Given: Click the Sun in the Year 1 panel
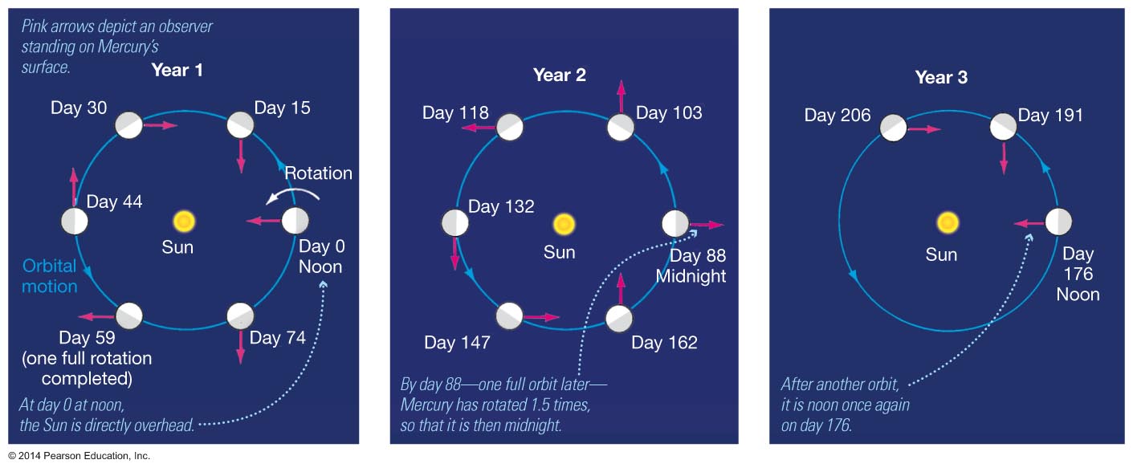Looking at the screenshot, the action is coord(184,222).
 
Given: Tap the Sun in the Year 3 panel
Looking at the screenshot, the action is coord(948,222).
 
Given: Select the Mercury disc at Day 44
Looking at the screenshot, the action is coord(75,221).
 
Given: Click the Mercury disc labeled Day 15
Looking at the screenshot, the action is coord(240,125).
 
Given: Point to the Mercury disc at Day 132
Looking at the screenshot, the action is coord(454,223).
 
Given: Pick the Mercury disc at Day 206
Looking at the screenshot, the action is coord(893,128).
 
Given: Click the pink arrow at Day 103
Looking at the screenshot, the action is coord(622,96).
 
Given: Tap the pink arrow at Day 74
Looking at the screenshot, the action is coord(241,347).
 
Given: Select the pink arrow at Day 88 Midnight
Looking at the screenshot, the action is coord(707,224).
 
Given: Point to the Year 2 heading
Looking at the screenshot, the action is coord(560,75).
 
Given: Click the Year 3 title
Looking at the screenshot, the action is coord(941,77).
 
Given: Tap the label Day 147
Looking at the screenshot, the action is coord(457,343).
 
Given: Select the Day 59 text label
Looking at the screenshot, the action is coord(87,337).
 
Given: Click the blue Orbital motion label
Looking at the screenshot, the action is coord(50,276).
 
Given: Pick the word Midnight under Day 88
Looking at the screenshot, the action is coord(691,276).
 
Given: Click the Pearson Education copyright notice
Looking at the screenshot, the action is coord(79,456).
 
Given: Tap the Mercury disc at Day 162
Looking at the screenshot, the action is coord(619,319).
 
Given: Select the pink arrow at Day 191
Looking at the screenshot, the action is coord(1004,158).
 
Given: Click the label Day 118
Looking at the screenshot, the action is coord(456,112).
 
